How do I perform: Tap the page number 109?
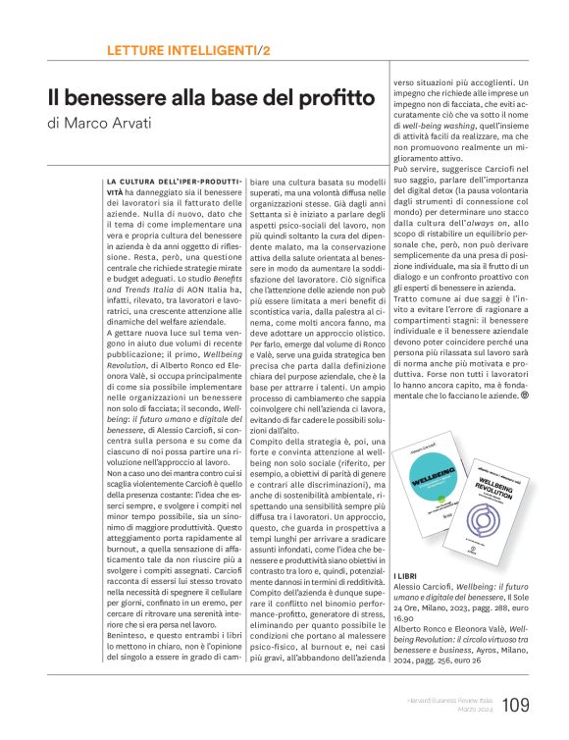click(x=516, y=704)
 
